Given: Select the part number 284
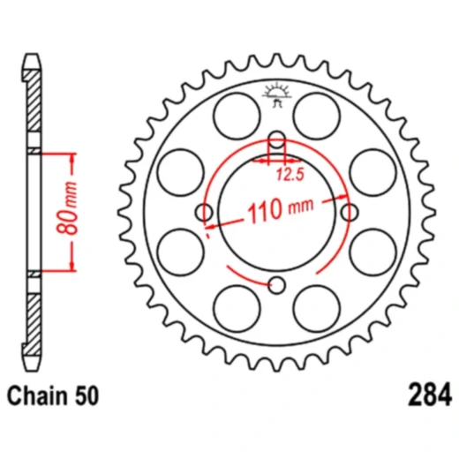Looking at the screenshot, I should point(431,392).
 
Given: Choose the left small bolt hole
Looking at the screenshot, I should point(205,212).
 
